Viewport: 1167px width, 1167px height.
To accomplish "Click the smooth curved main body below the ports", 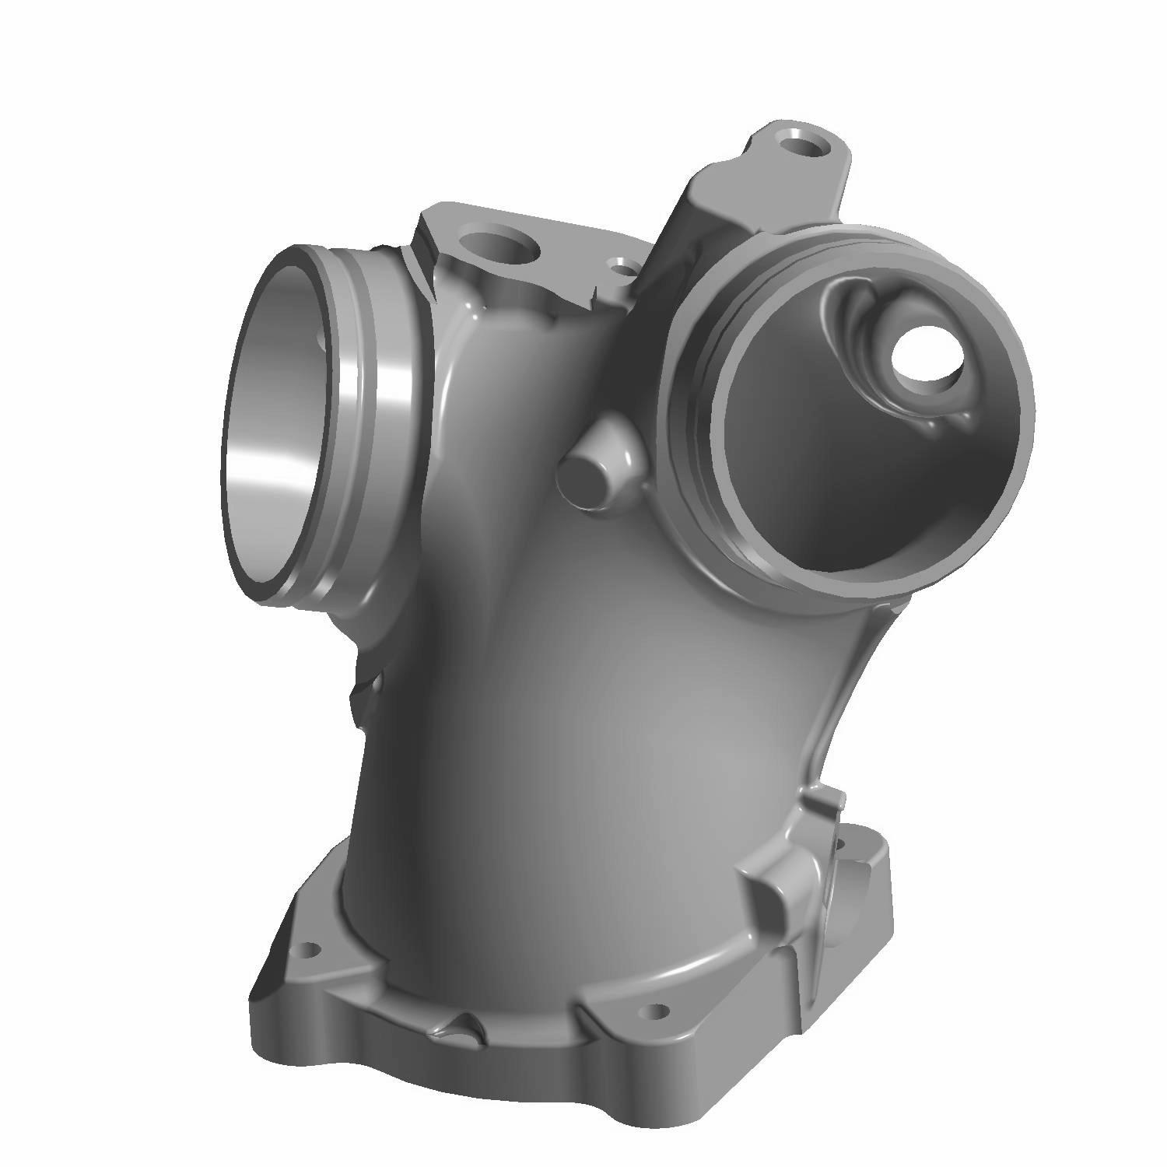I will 591,739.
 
